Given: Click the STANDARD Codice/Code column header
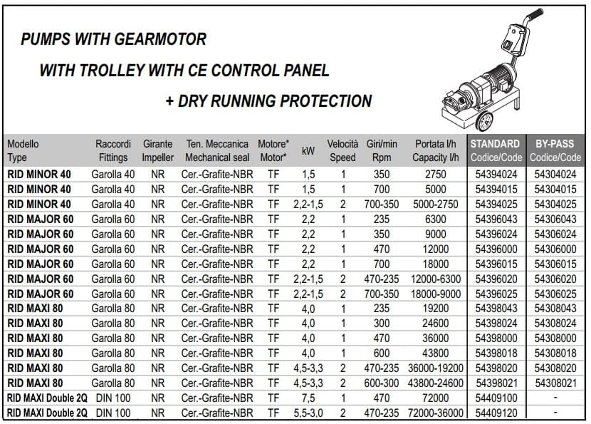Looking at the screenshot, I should click(x=496, y=150).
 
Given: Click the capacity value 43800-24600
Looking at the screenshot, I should click(x=436, y=383).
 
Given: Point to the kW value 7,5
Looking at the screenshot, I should click(x=308, y=398).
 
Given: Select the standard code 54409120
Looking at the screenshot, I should click(x=496, y=413).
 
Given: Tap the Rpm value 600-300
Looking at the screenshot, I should click(x=382, y=383).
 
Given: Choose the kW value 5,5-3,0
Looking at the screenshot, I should click(x=308, y=413).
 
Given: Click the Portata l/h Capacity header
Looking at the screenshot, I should click(x=436, y=150).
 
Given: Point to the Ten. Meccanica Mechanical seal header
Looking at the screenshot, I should click(x=217, y=150).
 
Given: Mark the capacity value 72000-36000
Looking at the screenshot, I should click(x=436, y=413).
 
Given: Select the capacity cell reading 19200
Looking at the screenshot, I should click(x=436, y=308).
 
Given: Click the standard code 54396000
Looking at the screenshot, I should click(x=496, y=248).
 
